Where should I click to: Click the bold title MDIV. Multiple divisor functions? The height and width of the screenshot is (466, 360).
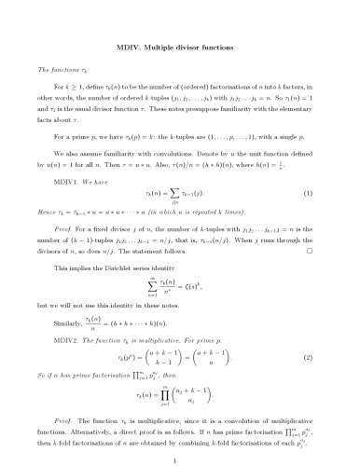click(180, 45)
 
